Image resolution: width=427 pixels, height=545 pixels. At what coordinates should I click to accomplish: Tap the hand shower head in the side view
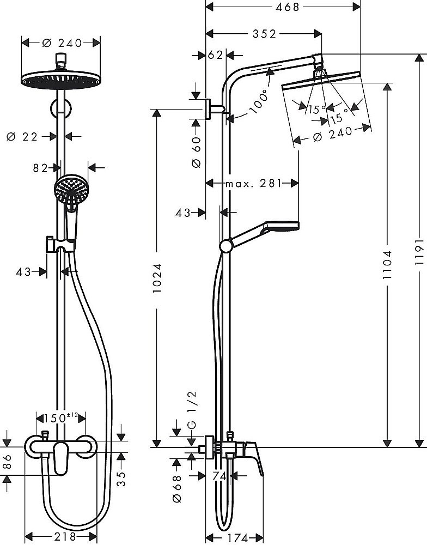pos(282,225)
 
